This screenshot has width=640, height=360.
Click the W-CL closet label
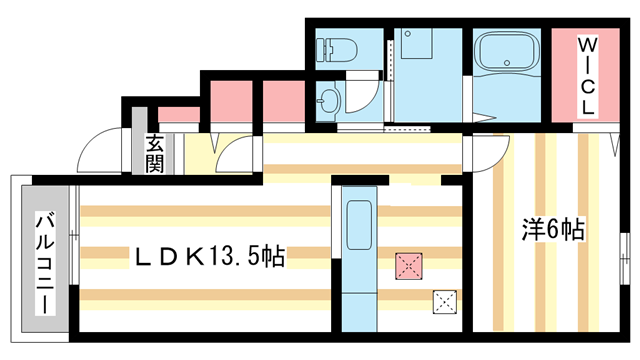pos(587,76)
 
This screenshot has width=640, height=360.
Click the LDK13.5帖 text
pos(211,258)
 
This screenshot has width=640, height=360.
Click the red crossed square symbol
pos(409,266)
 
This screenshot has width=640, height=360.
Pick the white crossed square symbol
pos(444,301)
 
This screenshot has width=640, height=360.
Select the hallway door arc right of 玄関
pos(232,155)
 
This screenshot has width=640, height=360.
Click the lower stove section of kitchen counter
pos(358,300)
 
